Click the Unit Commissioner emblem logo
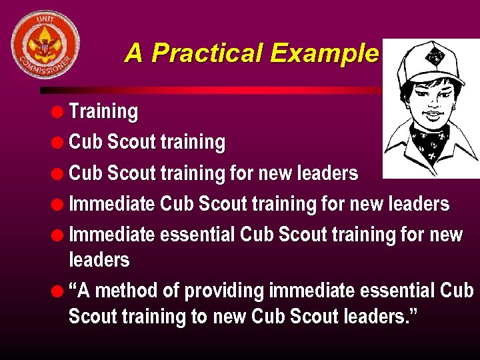(x=45, y=45)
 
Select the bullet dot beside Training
(x=59, y=111)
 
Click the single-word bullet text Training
(x=103, y=111)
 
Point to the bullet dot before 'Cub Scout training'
(x=59, y=141)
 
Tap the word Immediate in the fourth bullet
(x=112, y=204)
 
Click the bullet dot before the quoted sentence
(x=59, y=291)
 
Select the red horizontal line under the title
(x=213, y=90)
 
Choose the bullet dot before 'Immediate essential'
(x=59, y=235)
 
